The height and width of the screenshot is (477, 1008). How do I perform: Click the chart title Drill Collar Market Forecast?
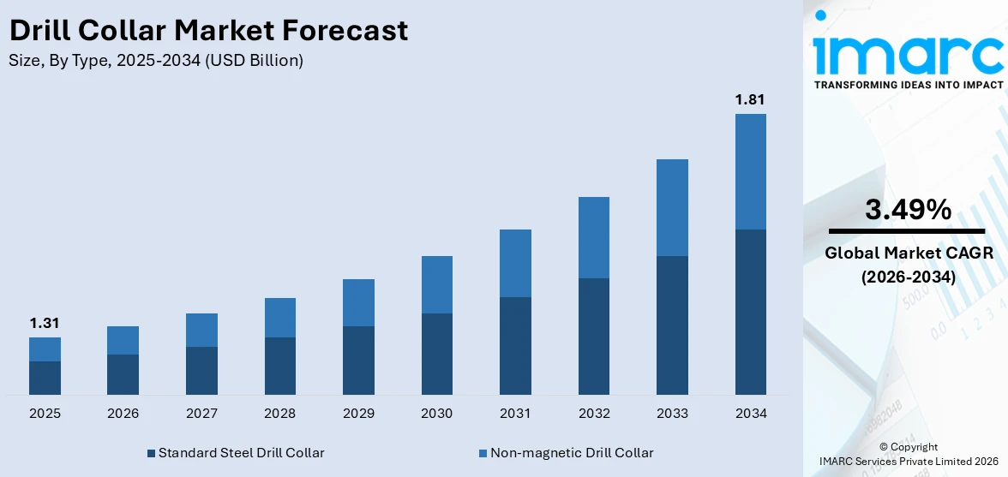pyautogui.click(x=208, y=31)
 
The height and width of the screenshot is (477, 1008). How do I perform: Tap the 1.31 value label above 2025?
pyautogui.click(x=45, y=323)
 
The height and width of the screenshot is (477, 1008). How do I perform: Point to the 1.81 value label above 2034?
pyautogui.click(x=750, y=100)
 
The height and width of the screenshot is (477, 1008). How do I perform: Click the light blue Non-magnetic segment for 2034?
pyautogui.click(x=750, y=171)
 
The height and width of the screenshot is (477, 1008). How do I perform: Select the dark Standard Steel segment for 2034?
pyautogui.click(x=750, y=312)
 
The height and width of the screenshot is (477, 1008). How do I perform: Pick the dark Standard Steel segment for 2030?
pyautogui.click(x=437, y=354)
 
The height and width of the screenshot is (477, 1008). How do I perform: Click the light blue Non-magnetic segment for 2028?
pyautogui.click(x=280, y=318)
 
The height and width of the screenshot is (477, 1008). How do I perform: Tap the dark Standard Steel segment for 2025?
pyautogui.click(x=45, y=378)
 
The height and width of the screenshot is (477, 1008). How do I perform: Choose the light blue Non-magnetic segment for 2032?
pyautogui.click(x=593, y=237)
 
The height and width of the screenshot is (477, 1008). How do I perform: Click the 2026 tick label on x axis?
pyautogui.click(x=123, y=414)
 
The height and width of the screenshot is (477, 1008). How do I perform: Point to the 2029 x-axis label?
pyautogui.click(x=358, y=414)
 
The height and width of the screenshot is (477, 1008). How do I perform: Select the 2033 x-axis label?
pyautogui.click(x=672, y=414)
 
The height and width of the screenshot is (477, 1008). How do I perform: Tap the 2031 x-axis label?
pyautogui.click(x=515, y=414)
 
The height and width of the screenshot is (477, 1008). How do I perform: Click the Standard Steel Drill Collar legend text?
pyautogui.click(x=241, y=452)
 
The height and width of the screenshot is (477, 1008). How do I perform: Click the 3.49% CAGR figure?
pyautogui.click(x=907, y=210)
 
